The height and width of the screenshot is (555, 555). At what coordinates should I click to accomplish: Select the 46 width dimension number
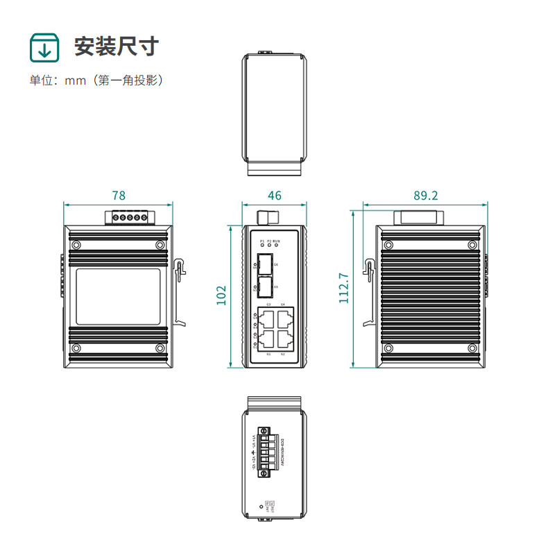pos(275,195)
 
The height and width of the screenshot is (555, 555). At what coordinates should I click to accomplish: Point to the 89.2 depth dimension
pos(425,195)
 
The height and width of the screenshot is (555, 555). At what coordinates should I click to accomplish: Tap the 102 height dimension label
pos(221,294)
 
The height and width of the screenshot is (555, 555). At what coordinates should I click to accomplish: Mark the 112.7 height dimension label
pos(343,287)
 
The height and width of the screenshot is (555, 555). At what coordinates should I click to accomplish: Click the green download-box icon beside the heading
pos(44,47)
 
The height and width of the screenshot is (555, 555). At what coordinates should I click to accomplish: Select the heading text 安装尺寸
pos(117,47)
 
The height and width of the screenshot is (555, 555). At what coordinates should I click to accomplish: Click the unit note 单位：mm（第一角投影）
pos(96,80)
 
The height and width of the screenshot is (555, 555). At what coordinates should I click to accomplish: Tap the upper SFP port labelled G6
pos(264,264)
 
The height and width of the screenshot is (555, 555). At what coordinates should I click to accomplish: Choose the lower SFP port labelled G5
pos(264,286)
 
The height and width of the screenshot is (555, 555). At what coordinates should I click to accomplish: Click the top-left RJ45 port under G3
pos(265,318)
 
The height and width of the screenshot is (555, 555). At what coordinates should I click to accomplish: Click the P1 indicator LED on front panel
pos(262,246)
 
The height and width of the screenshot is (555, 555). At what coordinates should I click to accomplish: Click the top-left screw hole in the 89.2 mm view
pos(388,244)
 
